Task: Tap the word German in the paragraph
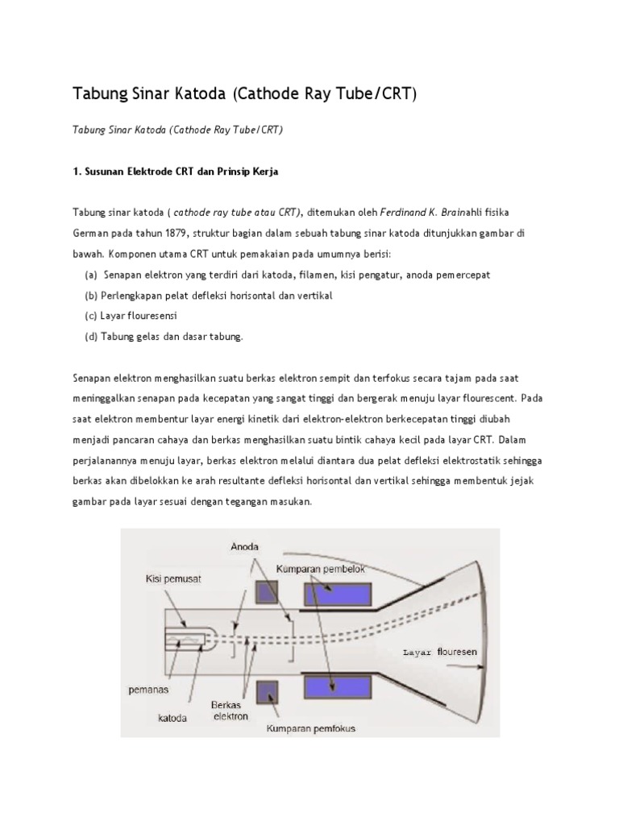coord(89,233)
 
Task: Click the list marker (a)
coord(91,275)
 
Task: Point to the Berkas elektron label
coord(231,710)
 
